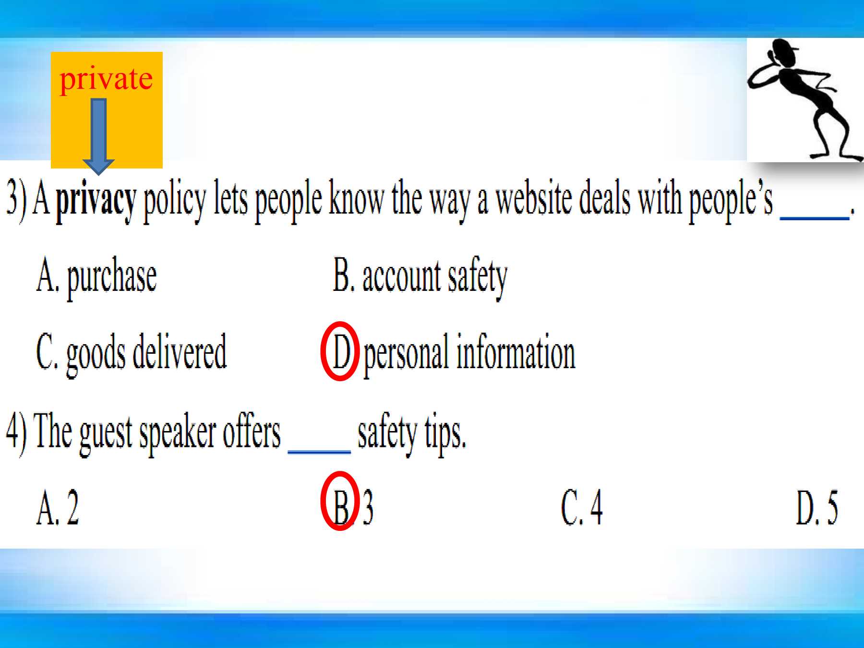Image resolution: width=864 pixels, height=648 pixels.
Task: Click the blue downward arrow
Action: tap(98, 137)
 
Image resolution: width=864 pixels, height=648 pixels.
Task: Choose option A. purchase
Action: tap(96, 277)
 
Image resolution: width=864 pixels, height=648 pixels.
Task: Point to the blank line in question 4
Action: tap(319, 452)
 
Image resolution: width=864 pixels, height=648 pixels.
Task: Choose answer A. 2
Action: tap(58, 507)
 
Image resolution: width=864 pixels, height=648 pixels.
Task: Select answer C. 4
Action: tap(582, 507)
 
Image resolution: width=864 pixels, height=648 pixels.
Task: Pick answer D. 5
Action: tap(817, 507)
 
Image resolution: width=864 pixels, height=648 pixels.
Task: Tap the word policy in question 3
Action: tap(175, 201)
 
